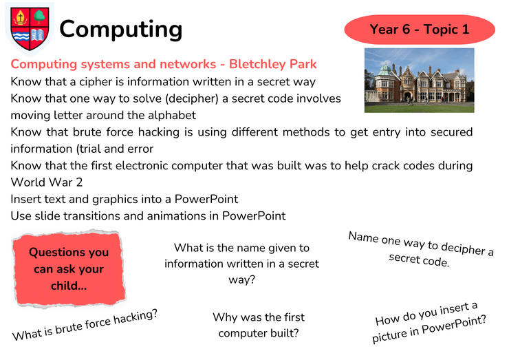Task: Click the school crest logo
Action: [30, 29]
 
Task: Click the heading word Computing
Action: [121, 30]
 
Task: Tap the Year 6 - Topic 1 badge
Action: [420, 30]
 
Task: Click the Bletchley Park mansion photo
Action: [419, 81]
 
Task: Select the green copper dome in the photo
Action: [385, 70]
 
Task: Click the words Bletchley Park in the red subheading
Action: [272, 64]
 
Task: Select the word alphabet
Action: [172, 116]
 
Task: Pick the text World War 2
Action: [47, 182]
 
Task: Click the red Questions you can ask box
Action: [69, 268]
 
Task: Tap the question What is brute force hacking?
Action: [85, 325]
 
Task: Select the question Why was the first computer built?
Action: [259, 325]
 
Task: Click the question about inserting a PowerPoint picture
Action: [429, 322]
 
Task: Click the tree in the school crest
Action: [39, 17]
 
